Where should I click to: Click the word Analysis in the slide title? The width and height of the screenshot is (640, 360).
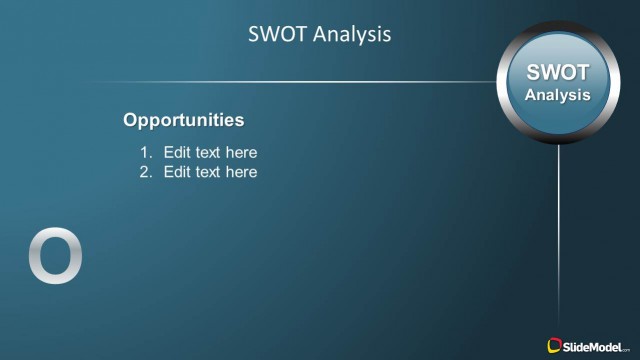351,34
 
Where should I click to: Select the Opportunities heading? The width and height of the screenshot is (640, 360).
183,120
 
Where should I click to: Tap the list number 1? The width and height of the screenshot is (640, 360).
145,153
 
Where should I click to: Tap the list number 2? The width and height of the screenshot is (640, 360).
145,172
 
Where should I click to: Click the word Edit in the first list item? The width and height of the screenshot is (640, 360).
177,153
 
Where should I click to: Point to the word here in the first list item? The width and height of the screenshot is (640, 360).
241,153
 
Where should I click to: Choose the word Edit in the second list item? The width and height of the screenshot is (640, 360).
177,172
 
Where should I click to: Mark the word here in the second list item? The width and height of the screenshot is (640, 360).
241,172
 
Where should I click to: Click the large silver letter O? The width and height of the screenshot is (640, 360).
55,256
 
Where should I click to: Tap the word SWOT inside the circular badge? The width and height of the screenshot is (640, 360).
558,73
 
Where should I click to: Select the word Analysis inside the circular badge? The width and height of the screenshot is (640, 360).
558,95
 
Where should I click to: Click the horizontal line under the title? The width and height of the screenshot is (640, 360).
300,82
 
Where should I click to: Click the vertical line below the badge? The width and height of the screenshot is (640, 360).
559,230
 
